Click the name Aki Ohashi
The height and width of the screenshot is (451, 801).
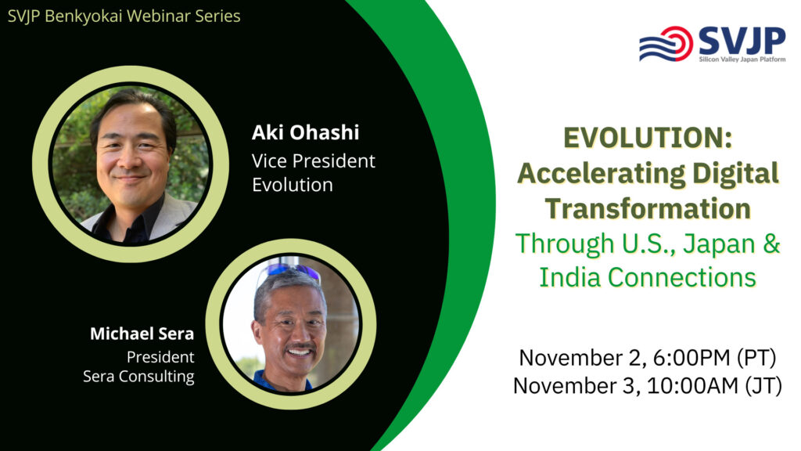coord(305,132)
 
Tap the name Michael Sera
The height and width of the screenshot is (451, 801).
coord(142,334)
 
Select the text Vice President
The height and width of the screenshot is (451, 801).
coord(313,161)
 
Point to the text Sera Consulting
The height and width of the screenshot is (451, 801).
coord(138,377)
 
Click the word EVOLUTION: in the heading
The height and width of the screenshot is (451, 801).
coord(647,138)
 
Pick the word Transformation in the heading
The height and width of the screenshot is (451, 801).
coord(648,208)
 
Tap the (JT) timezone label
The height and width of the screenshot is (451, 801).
coord(763,386)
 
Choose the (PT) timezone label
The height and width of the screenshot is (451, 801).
coord(756,358)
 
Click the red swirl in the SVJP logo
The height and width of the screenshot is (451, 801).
coord(677,44)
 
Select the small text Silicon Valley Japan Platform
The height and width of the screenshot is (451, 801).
coord(742,60)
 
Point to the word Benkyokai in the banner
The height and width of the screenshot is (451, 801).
coord(84,16)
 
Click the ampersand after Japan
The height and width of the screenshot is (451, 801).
coord(771,244)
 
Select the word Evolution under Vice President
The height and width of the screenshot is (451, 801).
coord(293,185)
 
